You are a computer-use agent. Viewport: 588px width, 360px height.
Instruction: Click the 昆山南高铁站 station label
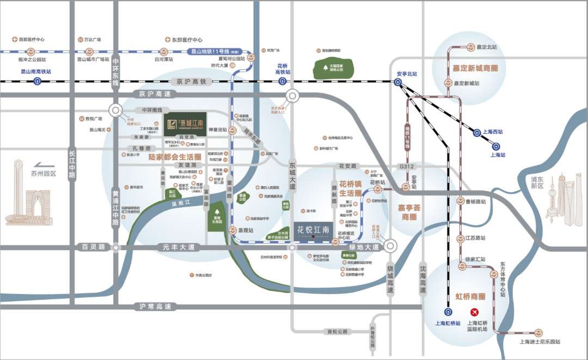click(36, 71)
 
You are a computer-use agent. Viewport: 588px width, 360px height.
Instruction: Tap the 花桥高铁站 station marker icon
click(283, 81)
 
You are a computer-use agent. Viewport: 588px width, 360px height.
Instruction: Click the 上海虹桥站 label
click(447, 322)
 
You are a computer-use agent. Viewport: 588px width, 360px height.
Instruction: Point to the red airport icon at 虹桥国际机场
click(474, 312)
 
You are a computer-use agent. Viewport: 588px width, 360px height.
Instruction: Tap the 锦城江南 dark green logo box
click(185, 124)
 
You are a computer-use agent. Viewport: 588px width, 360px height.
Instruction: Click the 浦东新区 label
click(537, 182)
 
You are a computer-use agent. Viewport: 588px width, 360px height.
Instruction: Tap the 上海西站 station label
click(493, 131)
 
